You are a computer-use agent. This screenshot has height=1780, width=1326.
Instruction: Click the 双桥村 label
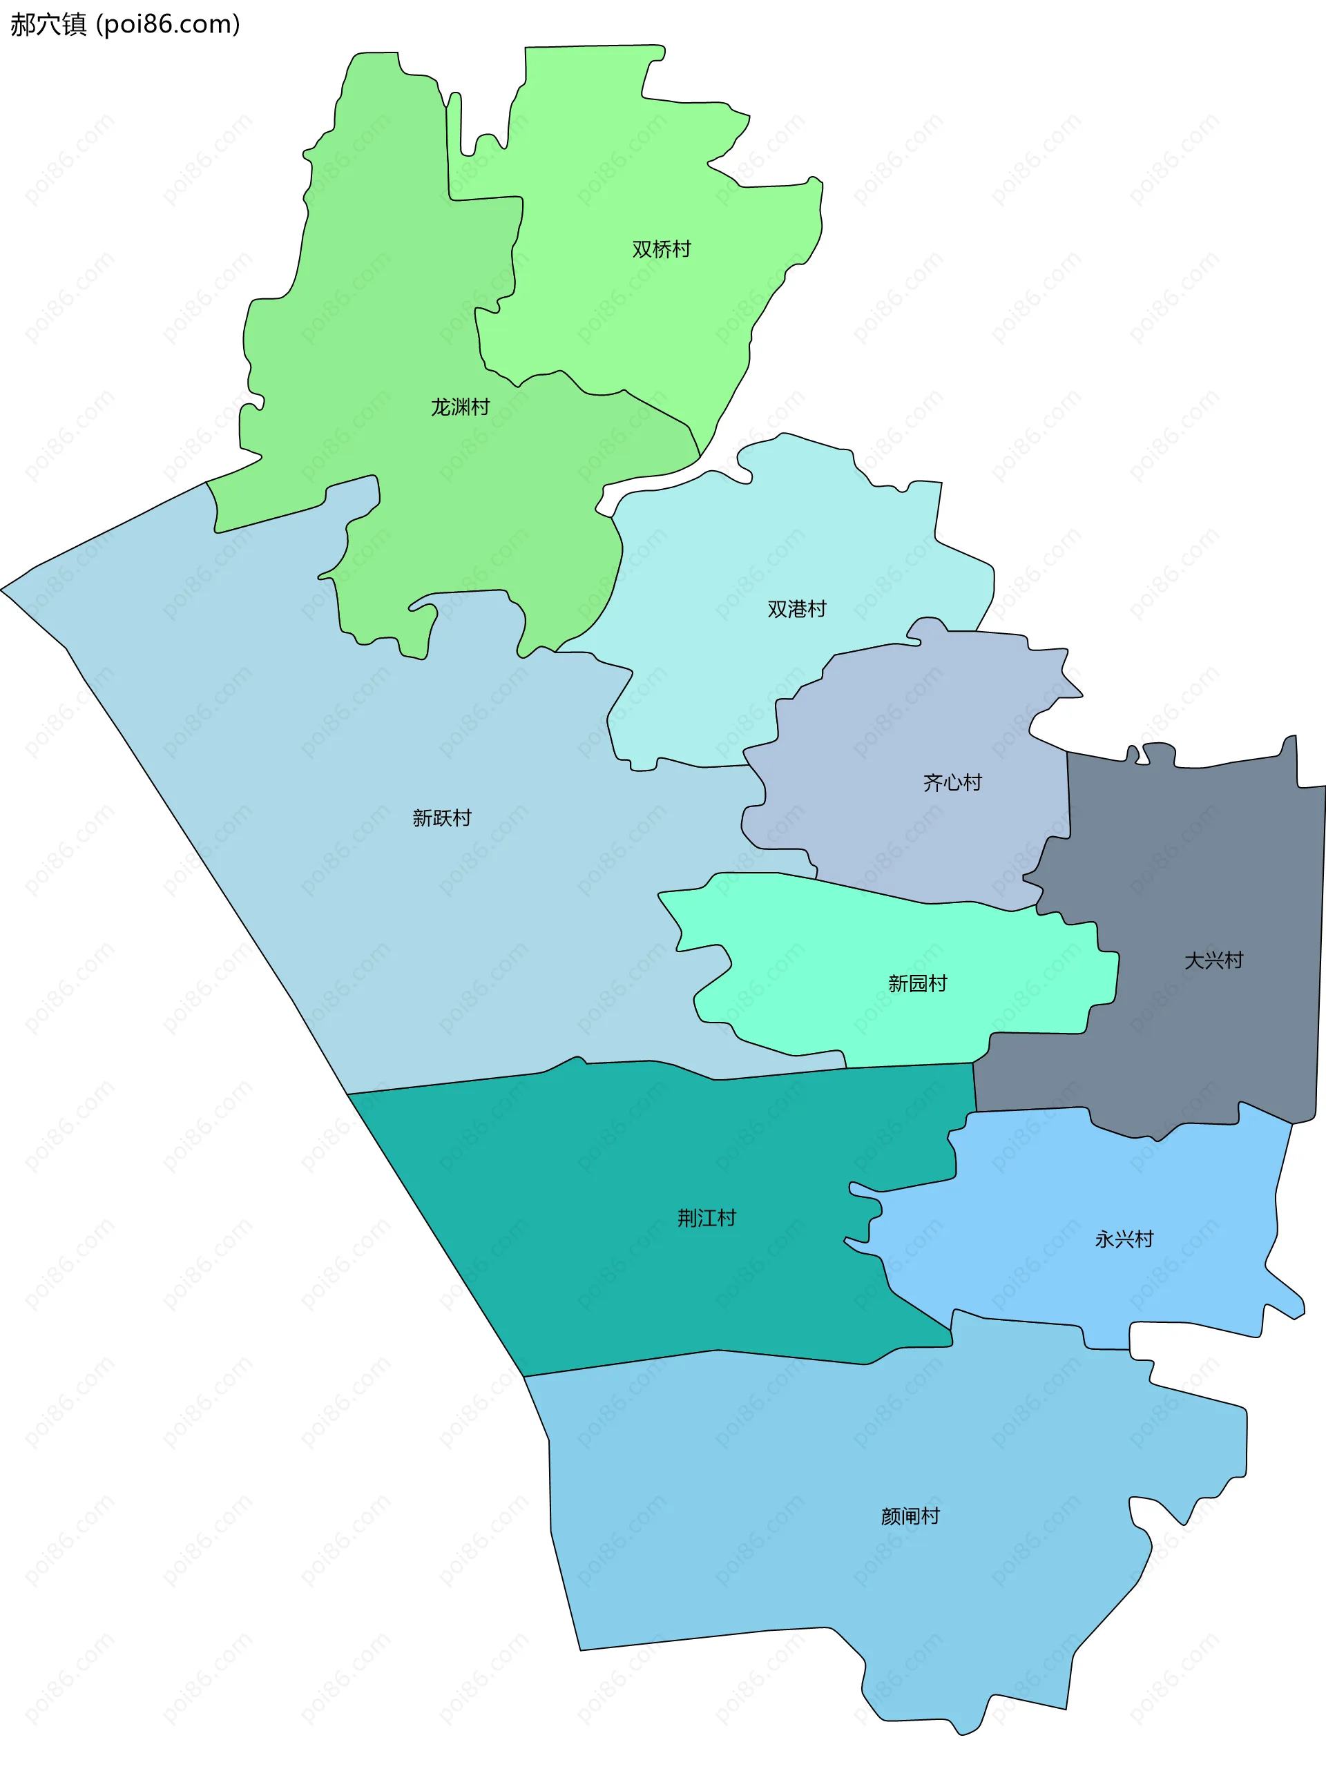click(x=661, y=249)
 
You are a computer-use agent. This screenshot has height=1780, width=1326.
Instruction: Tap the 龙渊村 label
click(x=460, y=407)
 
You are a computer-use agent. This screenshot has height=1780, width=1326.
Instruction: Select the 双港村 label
click(x=796, y=609)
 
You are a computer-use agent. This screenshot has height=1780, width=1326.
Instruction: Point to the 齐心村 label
click(x=952, y=782)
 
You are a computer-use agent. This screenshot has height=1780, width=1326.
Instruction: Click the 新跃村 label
click(x=441, y=818)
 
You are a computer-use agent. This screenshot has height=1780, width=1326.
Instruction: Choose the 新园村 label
click(x=917, y=983)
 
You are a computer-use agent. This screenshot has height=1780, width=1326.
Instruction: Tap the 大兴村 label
click(x=1213, y=960)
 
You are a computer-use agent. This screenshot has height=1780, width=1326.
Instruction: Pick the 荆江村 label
click(x=707, y=1218)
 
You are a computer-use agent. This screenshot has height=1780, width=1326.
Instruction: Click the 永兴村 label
click(x=1124, y=1239)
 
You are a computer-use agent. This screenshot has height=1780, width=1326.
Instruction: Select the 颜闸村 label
click(x=910, y=1516)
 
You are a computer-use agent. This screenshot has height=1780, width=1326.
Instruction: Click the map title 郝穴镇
click(x=48, y=24)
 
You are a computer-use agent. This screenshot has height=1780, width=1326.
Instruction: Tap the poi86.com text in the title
click(x=168, y=24)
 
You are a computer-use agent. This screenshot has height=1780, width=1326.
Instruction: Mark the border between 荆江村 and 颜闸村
click(x=714, y=1351)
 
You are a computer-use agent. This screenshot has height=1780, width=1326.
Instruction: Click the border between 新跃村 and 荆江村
click(x=481, y=1078)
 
